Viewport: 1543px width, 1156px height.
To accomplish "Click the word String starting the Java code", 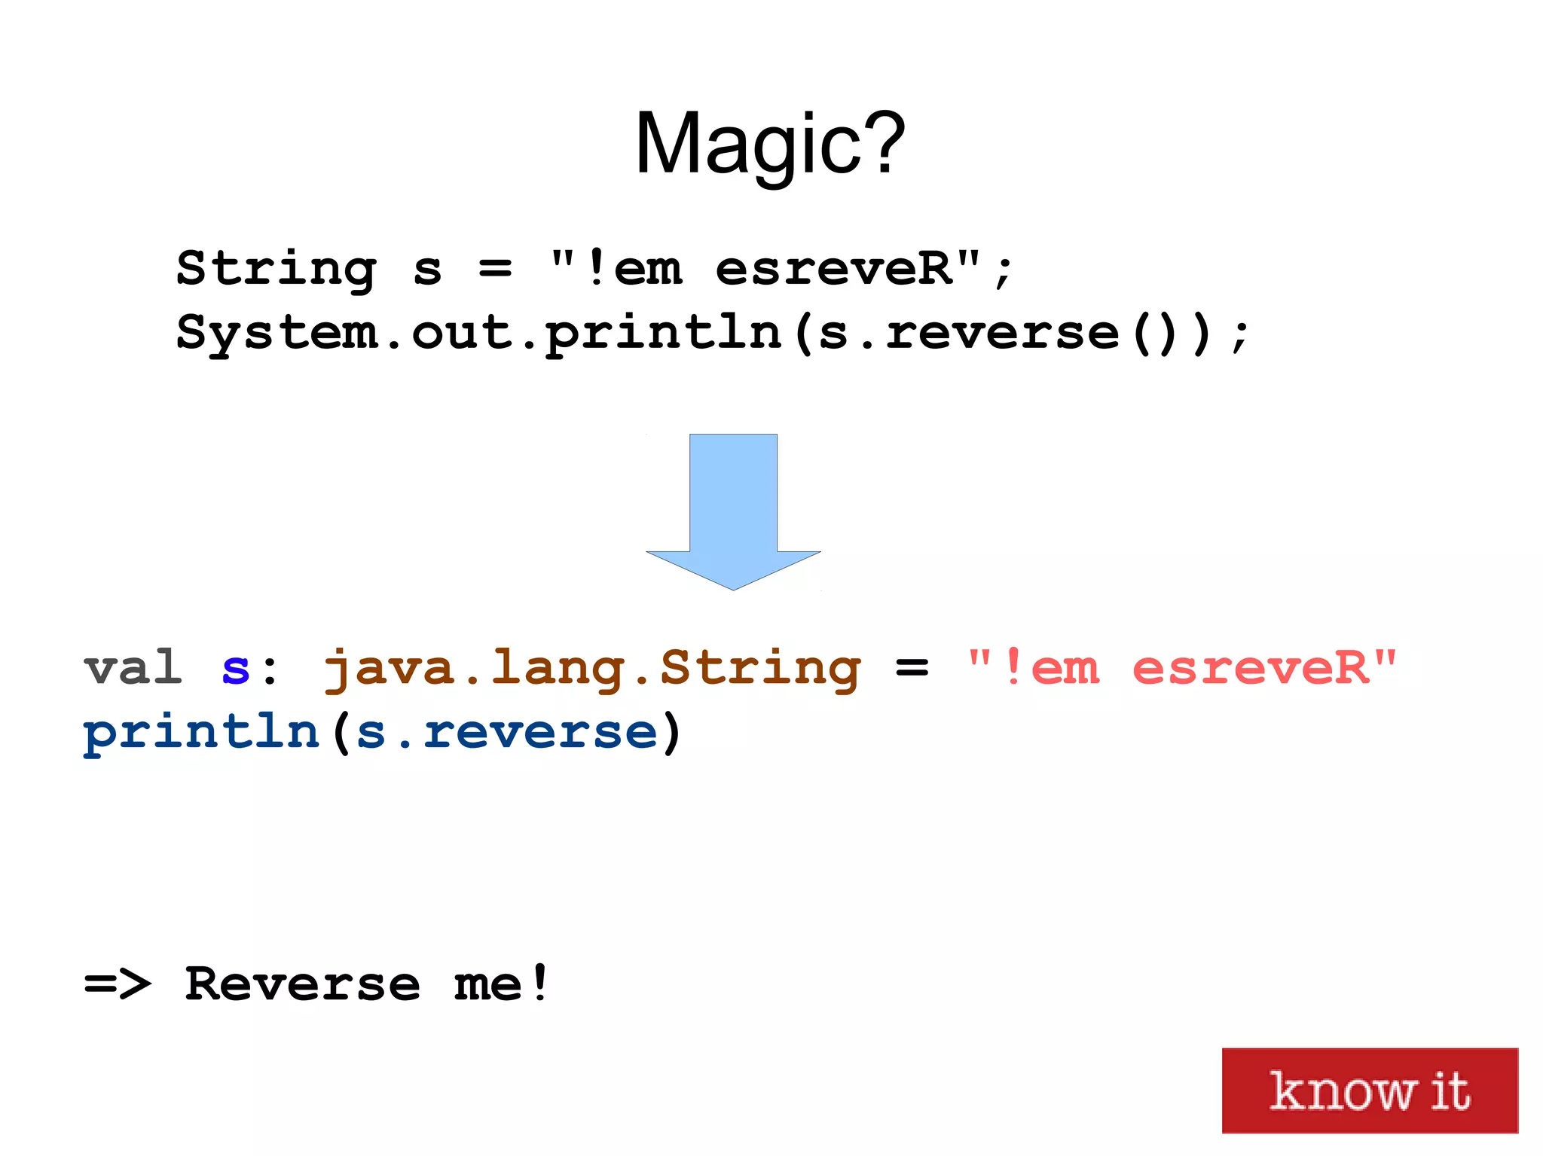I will point(276,270).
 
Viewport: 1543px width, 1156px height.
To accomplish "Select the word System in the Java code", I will point(277,333).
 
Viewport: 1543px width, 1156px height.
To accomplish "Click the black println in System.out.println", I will point(664,333).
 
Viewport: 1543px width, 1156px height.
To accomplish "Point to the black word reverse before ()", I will point(1003,333).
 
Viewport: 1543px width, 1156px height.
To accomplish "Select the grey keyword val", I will point(133,668).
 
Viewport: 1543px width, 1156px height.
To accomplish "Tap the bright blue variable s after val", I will point(235,669).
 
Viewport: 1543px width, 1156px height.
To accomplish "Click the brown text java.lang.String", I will point(592,670).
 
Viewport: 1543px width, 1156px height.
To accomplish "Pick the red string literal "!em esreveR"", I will point(1181,668).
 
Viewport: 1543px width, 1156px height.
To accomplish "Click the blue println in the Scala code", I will point(201,733).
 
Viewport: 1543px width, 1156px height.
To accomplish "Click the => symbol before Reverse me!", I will point(118,984).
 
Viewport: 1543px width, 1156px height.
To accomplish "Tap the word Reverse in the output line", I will point(302,984).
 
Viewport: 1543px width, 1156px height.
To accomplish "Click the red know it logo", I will point(1369,1090).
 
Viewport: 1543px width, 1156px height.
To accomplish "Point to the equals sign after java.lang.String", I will point(912,668).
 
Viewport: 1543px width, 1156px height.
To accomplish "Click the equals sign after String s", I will point(495,269).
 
